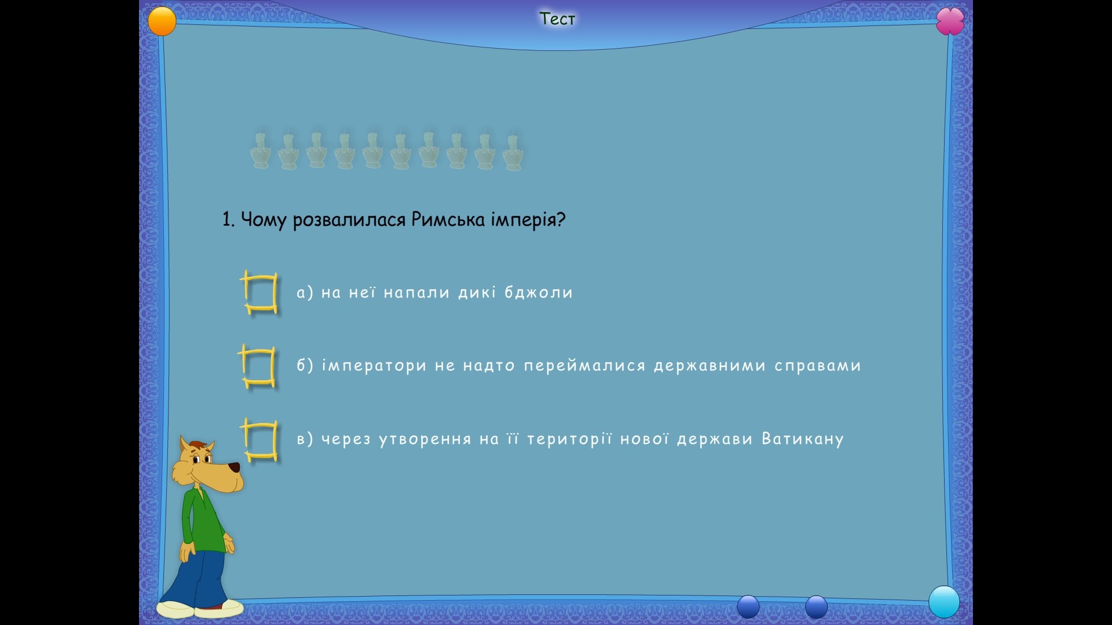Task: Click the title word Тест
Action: [557, 19]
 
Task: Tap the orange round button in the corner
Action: [162, 21]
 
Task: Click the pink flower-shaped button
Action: [950, 21]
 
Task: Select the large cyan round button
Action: [944, 602]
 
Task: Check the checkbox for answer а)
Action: [259, 292]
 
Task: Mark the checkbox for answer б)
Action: [257, 366]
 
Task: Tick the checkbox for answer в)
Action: [259, 440]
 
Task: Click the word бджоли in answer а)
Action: [538, 292]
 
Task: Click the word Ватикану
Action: [802, 439]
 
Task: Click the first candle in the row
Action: [260, 150]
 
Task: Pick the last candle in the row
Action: [513, 152]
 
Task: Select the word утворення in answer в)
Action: [425, 439]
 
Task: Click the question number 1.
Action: [228, 219]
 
